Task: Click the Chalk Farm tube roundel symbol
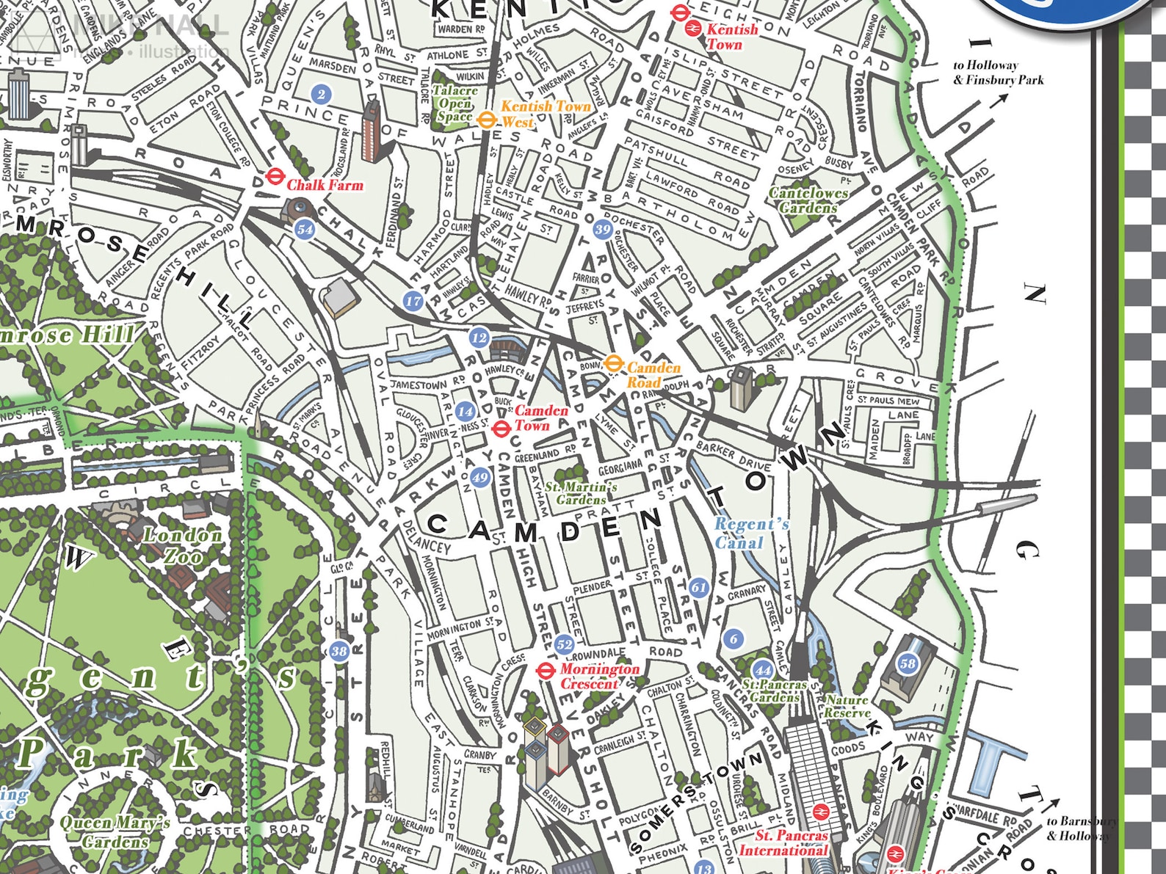pos(275,176)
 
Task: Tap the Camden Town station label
pos(540,418)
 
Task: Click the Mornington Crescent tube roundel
pos(545,670)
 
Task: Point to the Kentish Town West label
pos(545,114)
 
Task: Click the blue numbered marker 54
pos(305,229)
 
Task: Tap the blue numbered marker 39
pos(603,229)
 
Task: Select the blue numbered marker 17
pos(413,300)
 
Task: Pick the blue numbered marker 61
pos(698,587)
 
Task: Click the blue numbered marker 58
pos(908,663)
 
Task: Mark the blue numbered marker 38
pos(339,651)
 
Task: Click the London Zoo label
pos(182,546)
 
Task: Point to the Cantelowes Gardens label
pos(808,200)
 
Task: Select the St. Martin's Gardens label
pos(581,493)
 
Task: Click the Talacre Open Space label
pos(455,103)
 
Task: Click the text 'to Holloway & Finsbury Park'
pos(997,73)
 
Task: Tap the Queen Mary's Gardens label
pos(115,831)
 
